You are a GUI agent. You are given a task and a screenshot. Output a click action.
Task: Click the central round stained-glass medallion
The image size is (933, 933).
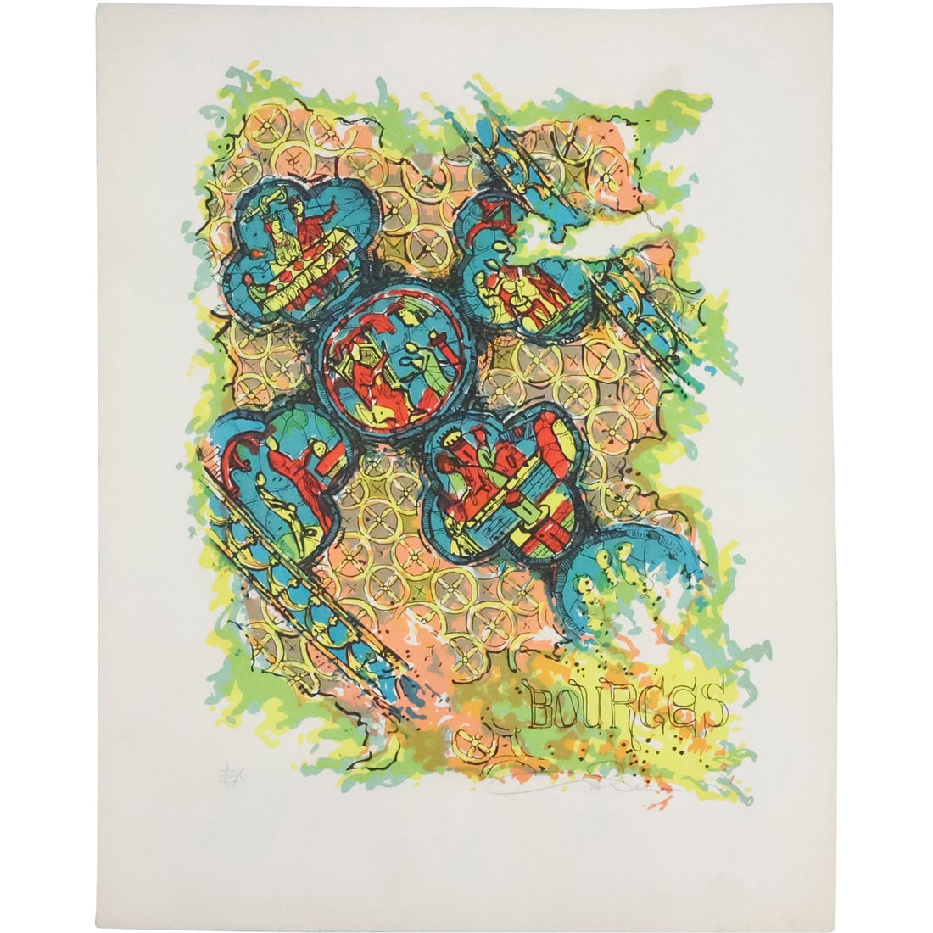pos(392,360)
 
